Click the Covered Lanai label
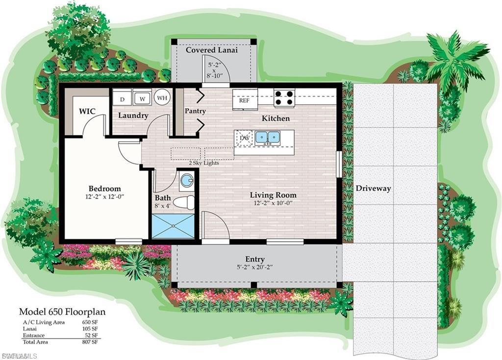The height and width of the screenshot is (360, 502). [x=211, y=50]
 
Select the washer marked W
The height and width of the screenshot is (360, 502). [x=142, y=98]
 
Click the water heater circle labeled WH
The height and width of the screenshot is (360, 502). [x=162, y=97]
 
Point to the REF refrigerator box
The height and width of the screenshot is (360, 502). [x=244, y=100]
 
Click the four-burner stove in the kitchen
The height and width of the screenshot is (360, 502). [x=284, y=98]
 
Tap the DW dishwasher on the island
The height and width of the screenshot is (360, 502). [x=244, y=138]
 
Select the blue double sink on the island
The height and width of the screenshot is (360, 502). [x=268, y=138]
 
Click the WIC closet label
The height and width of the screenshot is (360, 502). [x=87, y=111]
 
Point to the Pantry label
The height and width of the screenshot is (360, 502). [x=195, y=111]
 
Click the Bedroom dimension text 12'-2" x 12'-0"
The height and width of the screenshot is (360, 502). [x=104, y=197]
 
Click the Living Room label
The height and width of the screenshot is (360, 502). [x=273, y=195]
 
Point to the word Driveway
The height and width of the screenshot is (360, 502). [x=373, y=189]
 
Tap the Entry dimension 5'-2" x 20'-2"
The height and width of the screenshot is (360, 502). [x=255, y=267]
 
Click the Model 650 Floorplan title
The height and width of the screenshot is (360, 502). [x=62, y=312]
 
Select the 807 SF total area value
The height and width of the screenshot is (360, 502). [x=90, y=342]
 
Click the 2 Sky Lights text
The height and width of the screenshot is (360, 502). [x=204, y=163]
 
